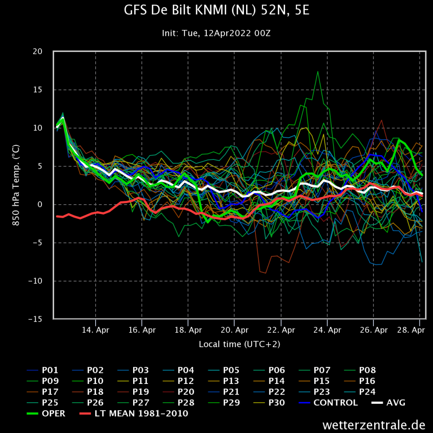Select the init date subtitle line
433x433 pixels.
pyautogui.click(x=216, y=33)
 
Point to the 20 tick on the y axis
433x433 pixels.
pyautogui.click(x=38, y=51)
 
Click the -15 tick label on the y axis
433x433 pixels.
pyautogui.click(x=36, y=319)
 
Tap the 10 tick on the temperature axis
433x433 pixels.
pyautogui.click(x=38, y=128)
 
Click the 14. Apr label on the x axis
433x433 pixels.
pyautogui.click(x=96, y=330)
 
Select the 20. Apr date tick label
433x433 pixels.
pyautogui.click(x=234, y=330)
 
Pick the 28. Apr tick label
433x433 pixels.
pyautogui.click(x=411, y=330)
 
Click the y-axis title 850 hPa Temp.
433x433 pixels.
pyautogui.click(x=16, y=185)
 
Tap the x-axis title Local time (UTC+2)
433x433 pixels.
pyautogui.click(x=239, y=344)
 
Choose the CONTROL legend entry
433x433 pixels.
pyautogui.click(x=328, y=403)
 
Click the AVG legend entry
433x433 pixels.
pyautogui.click(x=388, y=403)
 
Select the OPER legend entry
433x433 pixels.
pyautogui.click(x=46, y=414)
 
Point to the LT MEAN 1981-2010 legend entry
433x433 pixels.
pyautogui.click(x=134, y=414)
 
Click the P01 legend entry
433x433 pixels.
pyautogui.click(x=43, y=370)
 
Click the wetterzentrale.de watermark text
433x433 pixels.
pyautogui.click(x=374, y=425)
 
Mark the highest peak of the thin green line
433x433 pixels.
pyautogui.click(x=318, y=71)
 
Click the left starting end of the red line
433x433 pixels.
pyautogui.click(x=57, y=216)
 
